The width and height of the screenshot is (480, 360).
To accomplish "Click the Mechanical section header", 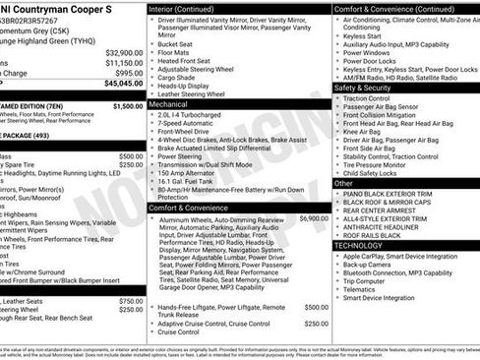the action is coord(168,102).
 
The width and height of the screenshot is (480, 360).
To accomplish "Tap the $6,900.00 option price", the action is coord(314,218).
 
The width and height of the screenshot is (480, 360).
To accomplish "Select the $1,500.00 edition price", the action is coord(127,105).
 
